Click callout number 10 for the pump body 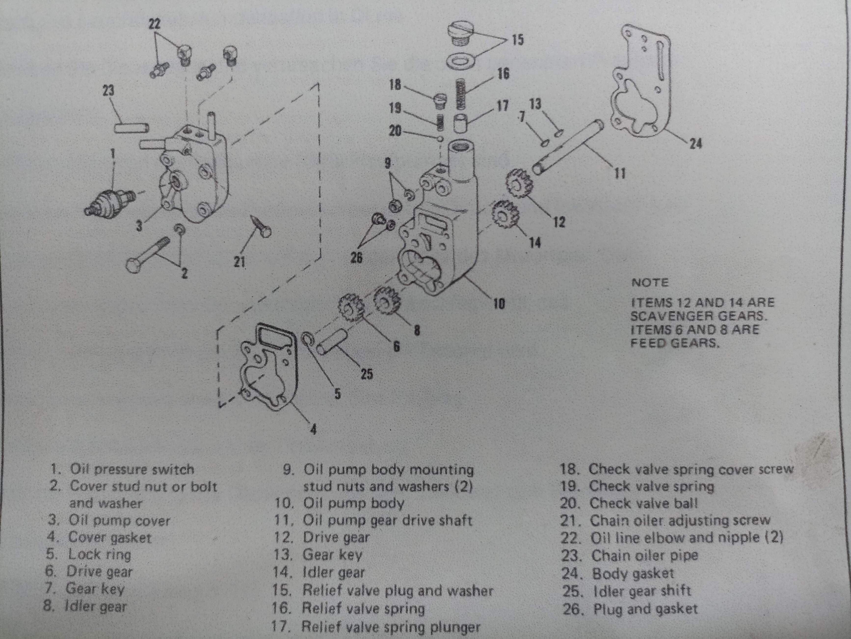[x=499, y=304]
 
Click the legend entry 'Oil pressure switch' [x=122, y=469]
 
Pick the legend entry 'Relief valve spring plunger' [x=376, y=627]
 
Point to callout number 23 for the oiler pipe [x=108, y=91]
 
